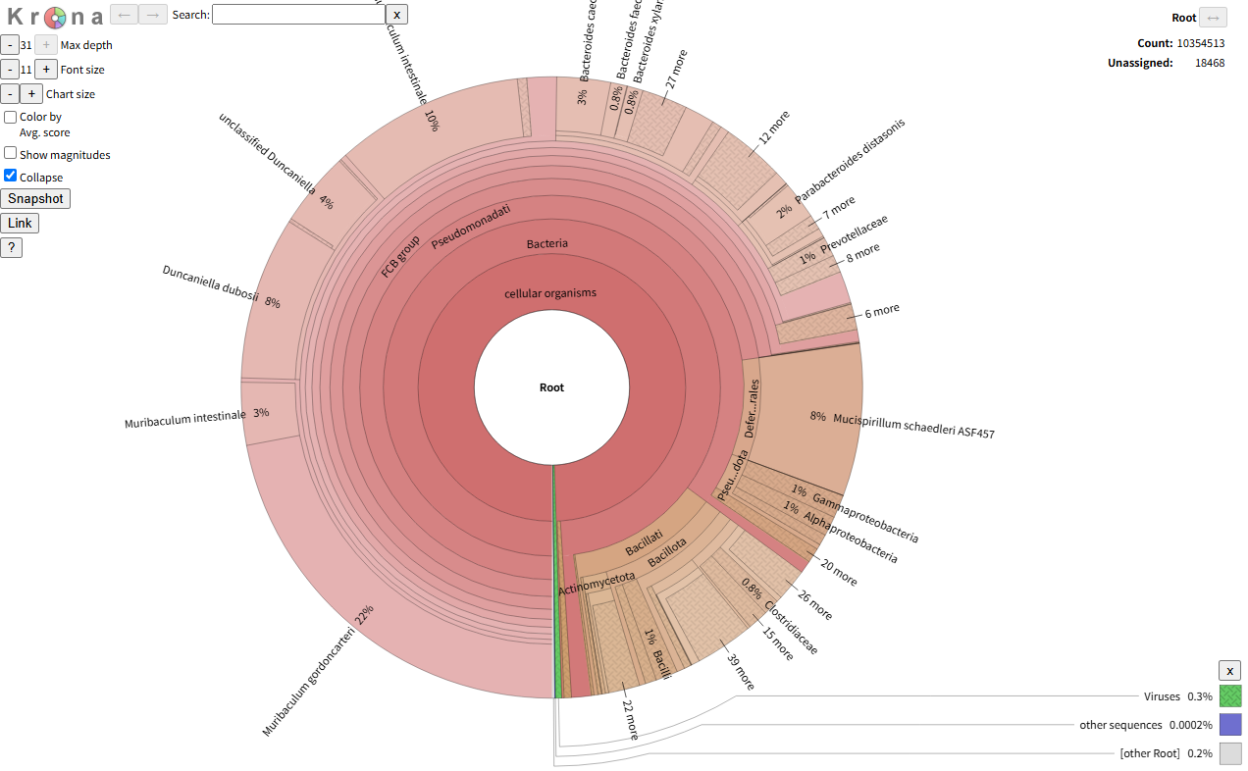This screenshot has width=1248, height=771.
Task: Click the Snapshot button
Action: pyautogui.click(x=35, y=198)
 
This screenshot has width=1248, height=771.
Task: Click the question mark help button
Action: pyautogui.click(x=11, y=247)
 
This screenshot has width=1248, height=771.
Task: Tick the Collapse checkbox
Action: pyautogui.click(x=11, y=176)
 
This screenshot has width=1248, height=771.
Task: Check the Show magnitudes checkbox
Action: pyautogui.click(x=11, y=153)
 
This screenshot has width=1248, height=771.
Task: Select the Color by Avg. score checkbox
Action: pyautogui.click(x=11, y=117)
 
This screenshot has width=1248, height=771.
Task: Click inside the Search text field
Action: pyautogui.click(x=298, y=14)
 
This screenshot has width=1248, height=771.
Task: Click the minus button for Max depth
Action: pyautogui.click(x=9, y=44)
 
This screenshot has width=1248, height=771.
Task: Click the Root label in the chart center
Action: pyautogui.click(x=551, y=387)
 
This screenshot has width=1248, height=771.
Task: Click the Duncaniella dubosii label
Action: pyautogui.click(x=210, y=283)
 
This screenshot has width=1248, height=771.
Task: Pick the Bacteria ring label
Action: pyautogui.click(x=546, y=243)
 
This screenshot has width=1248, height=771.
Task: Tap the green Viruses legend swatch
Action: pyautogui.click(x=1230, y=696)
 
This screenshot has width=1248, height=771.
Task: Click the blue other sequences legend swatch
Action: pyautogui.click(x=1230, y=725)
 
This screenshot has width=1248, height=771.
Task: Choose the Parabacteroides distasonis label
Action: pyautogui.click(x=850, y=163)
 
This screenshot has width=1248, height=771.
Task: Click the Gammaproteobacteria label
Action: pyautogui.click(x=864, y=517)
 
